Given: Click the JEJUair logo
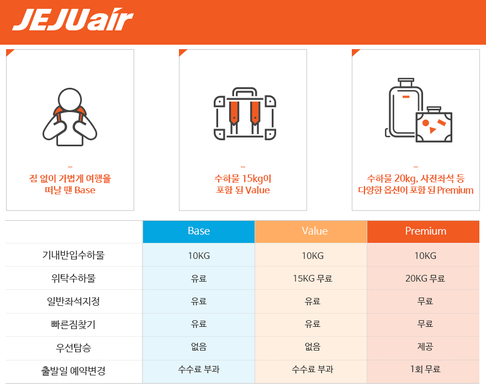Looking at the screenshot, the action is point(73,19).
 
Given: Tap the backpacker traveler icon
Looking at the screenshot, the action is point(70,117).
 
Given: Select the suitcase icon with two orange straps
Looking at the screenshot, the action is point(245,114).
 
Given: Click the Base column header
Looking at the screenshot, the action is point(199,231).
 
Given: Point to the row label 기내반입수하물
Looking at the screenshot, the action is point(73,255).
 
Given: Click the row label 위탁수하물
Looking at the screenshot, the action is point(73,278).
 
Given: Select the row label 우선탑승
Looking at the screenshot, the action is point(73,348).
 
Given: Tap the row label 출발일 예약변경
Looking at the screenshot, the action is point(73,370).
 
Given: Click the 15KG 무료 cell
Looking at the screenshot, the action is point(313,278).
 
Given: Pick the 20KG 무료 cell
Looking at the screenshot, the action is point(425,278).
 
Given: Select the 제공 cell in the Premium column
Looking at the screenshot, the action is point(425,346).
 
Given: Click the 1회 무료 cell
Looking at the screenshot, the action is point(425,369).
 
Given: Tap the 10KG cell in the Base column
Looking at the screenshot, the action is point(199,256).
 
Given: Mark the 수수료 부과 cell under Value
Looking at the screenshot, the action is point(313,369).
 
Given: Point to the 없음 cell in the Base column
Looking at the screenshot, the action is point(199,346).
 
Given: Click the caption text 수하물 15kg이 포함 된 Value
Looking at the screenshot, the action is point(243,184).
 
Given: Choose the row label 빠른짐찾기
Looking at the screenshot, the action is point(73,325).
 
